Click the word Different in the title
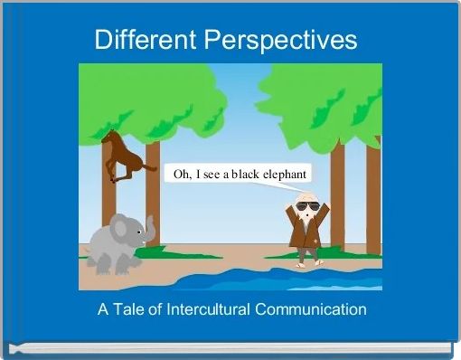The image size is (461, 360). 145,41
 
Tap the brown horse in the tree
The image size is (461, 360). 123,157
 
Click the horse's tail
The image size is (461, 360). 149,167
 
